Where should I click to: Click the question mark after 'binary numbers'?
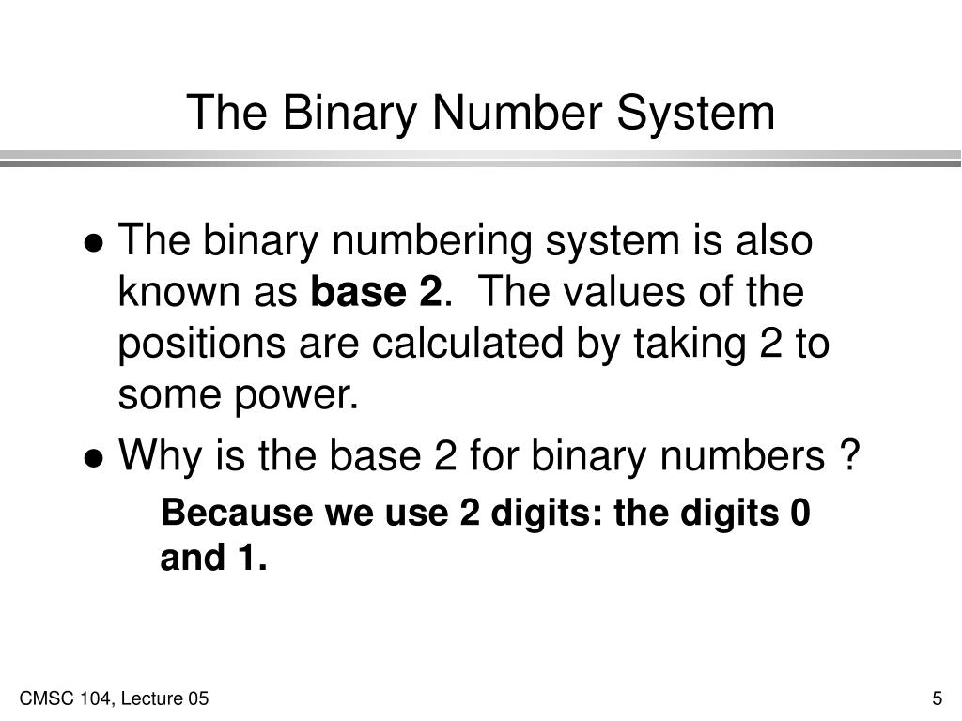[x=847, y=457]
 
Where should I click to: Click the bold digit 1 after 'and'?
[x=249, y=560]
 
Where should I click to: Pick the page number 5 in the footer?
[x=937, y=698]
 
